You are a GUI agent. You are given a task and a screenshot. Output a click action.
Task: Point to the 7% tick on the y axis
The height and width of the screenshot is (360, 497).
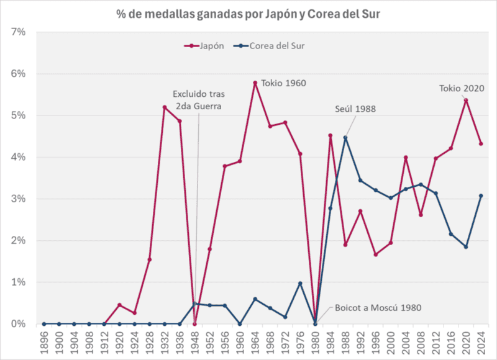pyautogui.click(x=17, y=32)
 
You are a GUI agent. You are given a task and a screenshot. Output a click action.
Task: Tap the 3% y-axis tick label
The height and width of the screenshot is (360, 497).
pyautogui.click(x=17, y=199)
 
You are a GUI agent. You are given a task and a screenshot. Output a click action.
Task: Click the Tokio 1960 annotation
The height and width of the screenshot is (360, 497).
pyautogui.click(x=283, y=83)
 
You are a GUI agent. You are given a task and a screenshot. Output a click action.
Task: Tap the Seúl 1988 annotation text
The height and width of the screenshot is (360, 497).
pyautogui.click(x=355, y=109)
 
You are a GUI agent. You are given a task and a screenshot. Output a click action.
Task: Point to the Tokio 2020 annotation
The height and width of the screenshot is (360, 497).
pyautogui.click(x=461, y=88)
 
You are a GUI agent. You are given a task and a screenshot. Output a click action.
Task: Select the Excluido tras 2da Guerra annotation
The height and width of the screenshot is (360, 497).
pyautogui.click(x=199, y=99)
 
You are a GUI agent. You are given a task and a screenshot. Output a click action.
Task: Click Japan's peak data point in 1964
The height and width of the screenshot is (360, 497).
pyautogui.click(x=255, y=83)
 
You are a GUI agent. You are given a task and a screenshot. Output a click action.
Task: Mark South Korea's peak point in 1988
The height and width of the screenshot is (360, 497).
pyautogui.click(x=345, y=138)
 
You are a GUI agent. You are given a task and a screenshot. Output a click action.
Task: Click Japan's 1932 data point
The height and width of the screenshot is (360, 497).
pyautogui.click(x=165, y=107)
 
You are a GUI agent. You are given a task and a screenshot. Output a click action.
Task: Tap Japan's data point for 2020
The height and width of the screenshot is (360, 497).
pyautogui.click(x=466, y=100)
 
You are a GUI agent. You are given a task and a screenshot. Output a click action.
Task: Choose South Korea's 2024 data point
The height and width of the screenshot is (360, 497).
pyautogui.click(x=481, y=196)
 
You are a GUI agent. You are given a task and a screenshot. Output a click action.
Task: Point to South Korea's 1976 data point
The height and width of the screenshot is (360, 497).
pyautogui.click(x=300, y=283)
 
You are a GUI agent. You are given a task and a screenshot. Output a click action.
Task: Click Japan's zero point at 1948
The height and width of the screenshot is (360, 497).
pyautogui.click(x=194, y=323)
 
